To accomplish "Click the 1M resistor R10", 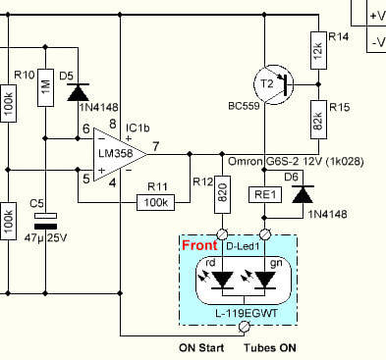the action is click(x=46, y=87).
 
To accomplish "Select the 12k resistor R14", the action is click(x=318, y=50).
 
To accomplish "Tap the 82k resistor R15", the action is click(x=318, y=120).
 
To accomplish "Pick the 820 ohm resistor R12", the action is click(x=223, y=195).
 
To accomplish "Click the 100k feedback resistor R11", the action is click(x=155, y=203).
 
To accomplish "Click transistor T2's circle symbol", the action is click(x=273, y=84).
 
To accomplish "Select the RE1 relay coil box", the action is click(x=265, y=195).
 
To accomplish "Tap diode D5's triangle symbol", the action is click(x=78, y=92).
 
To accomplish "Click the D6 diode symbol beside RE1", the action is click(x=303, y=194).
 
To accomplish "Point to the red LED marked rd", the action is click(x=223, y=281).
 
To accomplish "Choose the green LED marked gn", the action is click(x=265, y=281).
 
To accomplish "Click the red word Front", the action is click(x=199, y=245).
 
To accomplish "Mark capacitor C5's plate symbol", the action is click(x=46, y=221).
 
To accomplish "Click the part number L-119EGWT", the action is click(x=247, y=313).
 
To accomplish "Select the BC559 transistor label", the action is click(x=244, y=106).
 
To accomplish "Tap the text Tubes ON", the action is click(x=270, y=348).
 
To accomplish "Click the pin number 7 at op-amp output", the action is click(x=156, y=146).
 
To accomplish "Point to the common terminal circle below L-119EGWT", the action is click(x=245, y=326).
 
